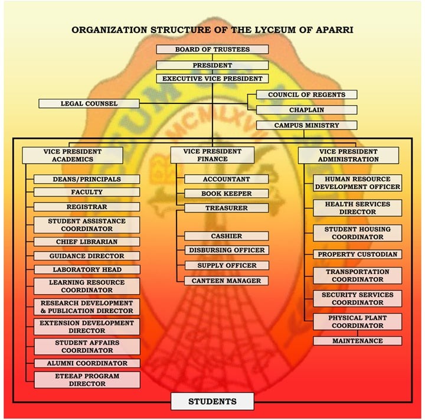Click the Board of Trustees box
(x=212, y=50)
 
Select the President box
(x=212, y=65)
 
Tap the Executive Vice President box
(x=212, y=79)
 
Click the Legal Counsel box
(x=89, y=104)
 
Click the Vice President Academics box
(x=73, y=155)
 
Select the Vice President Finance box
(x=212, y=155)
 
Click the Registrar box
(x=87, y=207)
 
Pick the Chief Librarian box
(x=87, y=242)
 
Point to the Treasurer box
(x=227, y=208)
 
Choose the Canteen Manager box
(x=227, y=281)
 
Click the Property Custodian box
(x=358, y=255)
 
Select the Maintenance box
(x=358, y=341)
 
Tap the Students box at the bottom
(x=212, y=402)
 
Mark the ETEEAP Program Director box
(x=87, y=380)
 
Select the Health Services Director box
(x=358, y=208)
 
